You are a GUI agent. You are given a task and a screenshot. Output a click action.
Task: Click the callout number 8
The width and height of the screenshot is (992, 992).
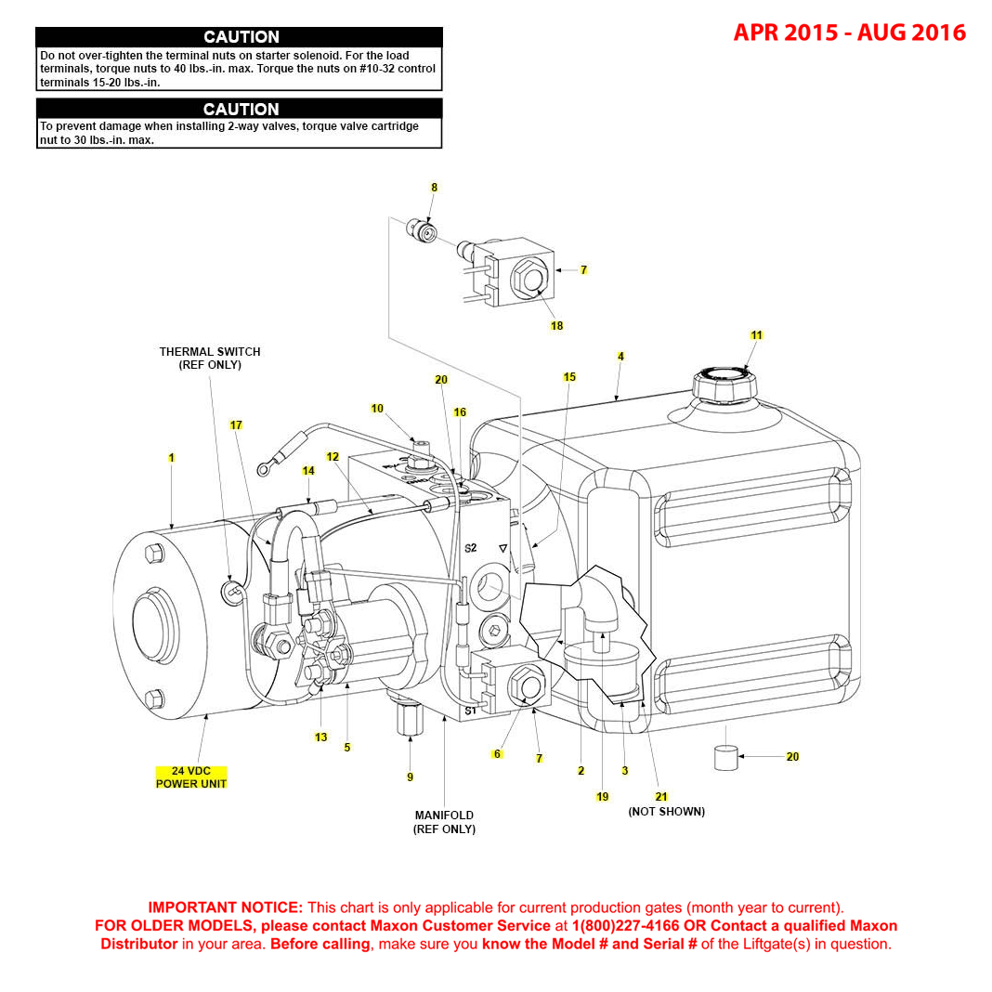pyautogui.click(x=434, y=188)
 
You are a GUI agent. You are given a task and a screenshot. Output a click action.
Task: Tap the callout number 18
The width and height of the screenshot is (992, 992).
pyautogui.click(x=557, y=326)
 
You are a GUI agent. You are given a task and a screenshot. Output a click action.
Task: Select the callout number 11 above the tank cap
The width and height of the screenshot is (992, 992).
pyautogui.click(x=756, y=335)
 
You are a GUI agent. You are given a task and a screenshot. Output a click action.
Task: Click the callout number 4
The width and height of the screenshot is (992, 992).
pyautogui.click(x=620, y=357)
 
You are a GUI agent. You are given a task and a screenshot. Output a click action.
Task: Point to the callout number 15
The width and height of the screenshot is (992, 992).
pyautogui.click(x=569, y=377)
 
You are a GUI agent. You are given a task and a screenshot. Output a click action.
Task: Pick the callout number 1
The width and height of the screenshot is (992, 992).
pyautogui.click(x=171, y=458)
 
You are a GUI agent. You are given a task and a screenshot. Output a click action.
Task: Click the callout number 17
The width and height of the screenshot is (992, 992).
pyautogui.click(x=236, y=425)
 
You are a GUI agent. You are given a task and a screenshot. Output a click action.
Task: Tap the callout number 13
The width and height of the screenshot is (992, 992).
pyautogui.click(x=321, y=737)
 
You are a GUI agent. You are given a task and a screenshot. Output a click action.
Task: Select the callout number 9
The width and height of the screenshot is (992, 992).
pyautogui.click(x=410, y=777)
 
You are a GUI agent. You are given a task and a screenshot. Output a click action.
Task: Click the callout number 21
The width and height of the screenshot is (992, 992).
pyautogui.click(x=661, y=797)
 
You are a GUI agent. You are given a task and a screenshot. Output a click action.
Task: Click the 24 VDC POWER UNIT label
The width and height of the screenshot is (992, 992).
pyautogui.click(x=191, y=777)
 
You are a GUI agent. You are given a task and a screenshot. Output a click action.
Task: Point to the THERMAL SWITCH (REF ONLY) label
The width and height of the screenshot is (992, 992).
pyautogui.click(x=210, y=359)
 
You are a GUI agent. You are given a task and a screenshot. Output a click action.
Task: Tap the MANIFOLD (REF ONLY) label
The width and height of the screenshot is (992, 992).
pyautogui.click(x=444, y=822)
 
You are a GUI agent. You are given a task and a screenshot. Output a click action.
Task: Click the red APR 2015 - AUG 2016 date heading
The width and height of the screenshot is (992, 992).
pyautogui.click(x=849, y=33)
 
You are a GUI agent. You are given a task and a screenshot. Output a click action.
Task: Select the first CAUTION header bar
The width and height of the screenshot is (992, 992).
pyautogui.click(x=240, y=37)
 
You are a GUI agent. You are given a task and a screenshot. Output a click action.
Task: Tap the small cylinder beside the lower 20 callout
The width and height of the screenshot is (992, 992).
pyautogui.click(x=725, y=757)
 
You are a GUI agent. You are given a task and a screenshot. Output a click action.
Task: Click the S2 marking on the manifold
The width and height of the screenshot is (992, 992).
pyautogui.click(x=471, y=548)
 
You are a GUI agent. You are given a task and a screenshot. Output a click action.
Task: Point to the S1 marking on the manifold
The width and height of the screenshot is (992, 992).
pyautogui.click(x=470, y=711)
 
